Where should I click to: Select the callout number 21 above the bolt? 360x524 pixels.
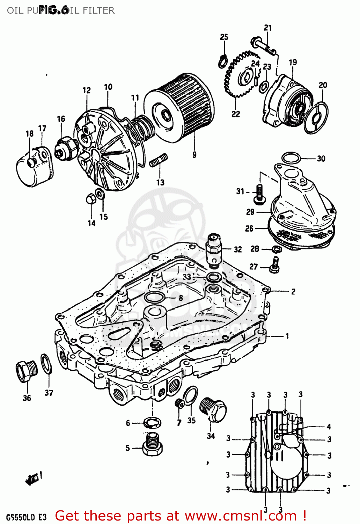pos(267,28)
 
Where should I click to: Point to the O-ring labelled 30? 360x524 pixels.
pos(291,158)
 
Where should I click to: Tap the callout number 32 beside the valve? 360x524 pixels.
pos(238,249)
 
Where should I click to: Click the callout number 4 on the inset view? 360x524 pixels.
pos(329,427)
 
